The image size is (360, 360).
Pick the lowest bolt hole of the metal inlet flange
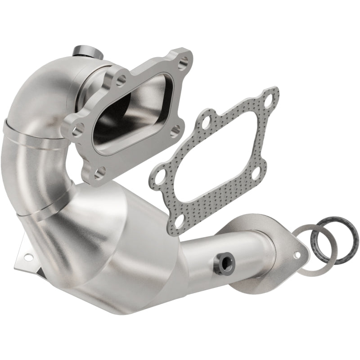pos(100,171)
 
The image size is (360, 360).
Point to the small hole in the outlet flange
pos(297,254)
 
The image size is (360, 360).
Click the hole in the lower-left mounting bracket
pos(29,258)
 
